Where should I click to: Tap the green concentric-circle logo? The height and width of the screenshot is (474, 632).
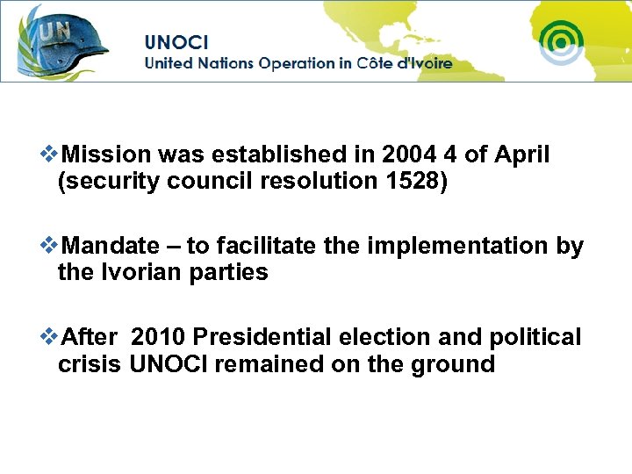pos(561,40)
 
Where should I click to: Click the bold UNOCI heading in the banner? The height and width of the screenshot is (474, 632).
pos(176,41)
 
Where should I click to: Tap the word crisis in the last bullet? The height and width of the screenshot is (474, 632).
pos(89,364)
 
